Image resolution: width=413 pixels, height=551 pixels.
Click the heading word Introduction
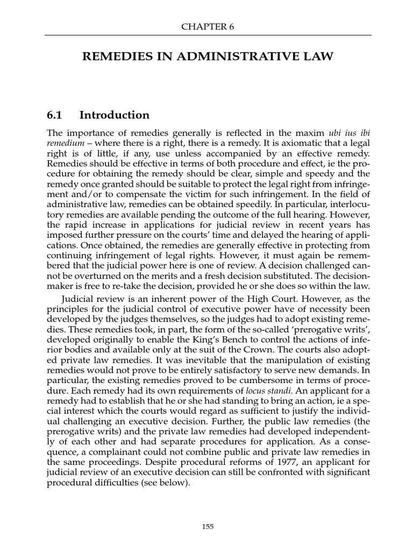pos(114,115)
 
